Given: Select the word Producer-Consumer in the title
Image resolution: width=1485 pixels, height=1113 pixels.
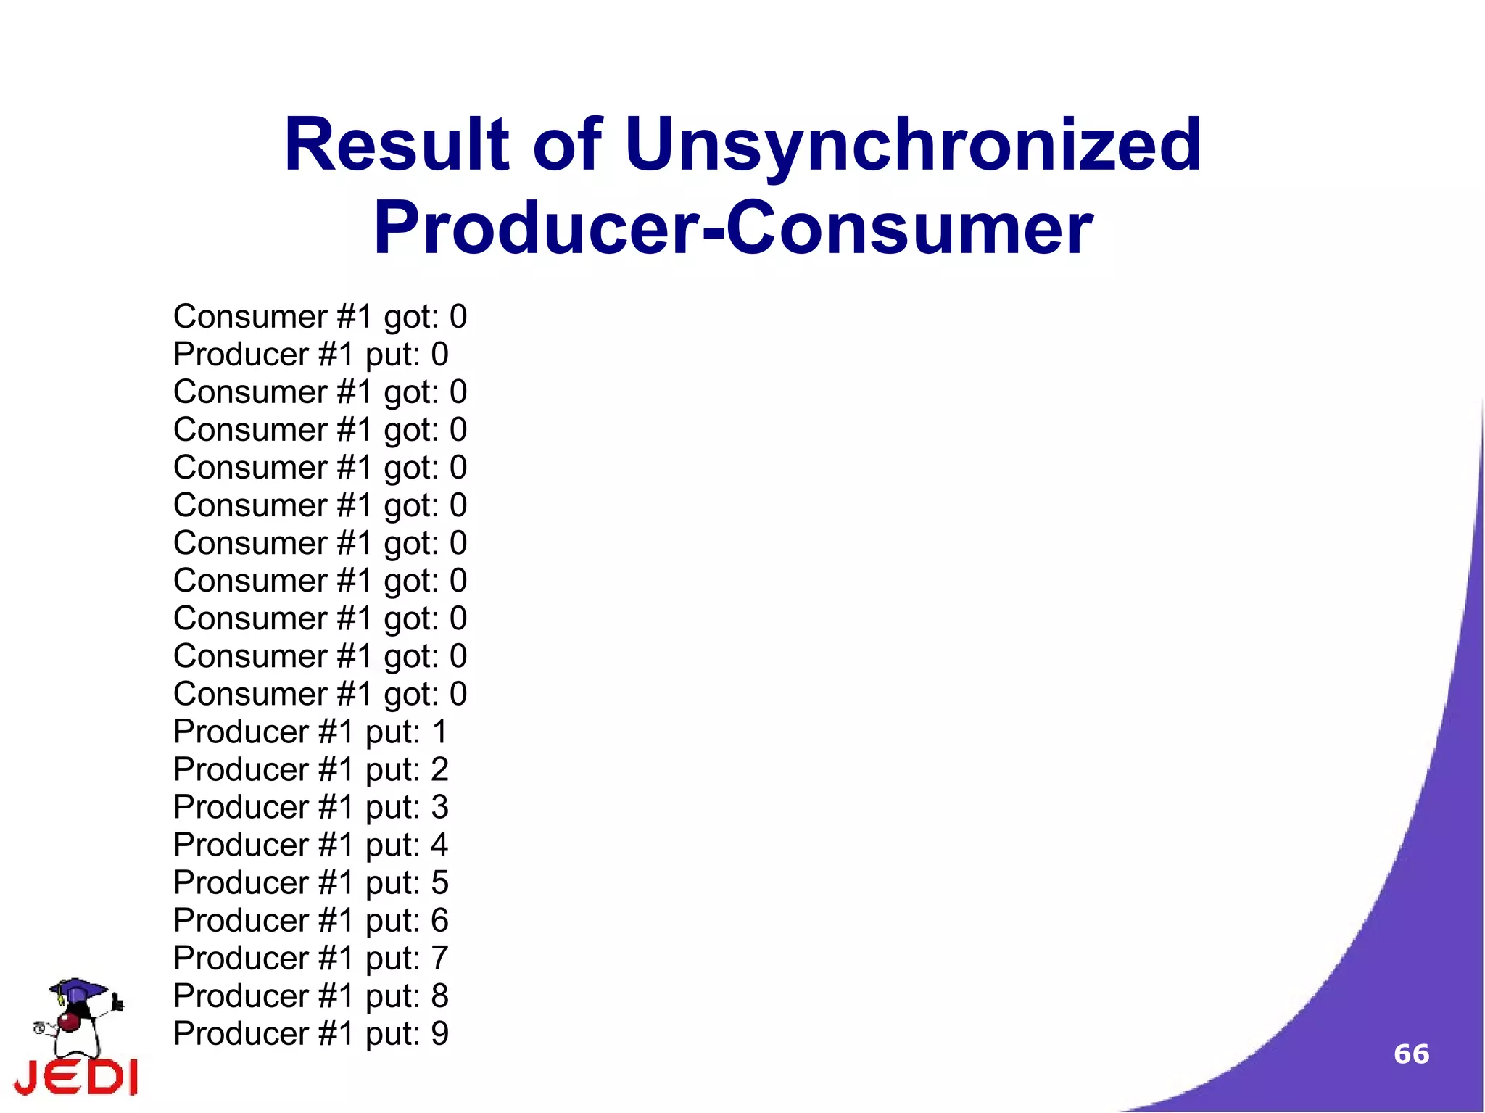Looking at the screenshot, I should (732, 229).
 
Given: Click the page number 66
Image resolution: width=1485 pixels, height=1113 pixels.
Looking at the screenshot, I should (1411, 1054).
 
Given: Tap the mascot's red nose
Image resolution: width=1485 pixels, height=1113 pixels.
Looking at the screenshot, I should (70, 1022).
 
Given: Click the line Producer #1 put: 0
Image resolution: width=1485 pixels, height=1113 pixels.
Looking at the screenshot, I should (311, 355).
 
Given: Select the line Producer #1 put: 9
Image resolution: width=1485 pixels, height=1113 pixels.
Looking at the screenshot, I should (311, 1034).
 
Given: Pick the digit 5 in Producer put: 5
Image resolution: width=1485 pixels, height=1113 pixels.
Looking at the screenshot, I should (439, 883).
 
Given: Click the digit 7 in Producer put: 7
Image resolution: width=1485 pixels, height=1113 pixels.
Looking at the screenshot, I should (439, 959).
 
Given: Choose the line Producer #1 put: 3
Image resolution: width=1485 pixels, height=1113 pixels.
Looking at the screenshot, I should (311, 808).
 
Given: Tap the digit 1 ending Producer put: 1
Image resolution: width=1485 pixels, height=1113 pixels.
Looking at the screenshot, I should (439, 732).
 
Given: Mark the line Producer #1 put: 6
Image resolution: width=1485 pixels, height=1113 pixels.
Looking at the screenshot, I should (311, 921).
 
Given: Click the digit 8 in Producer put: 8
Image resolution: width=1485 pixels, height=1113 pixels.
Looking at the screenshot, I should (439, 996).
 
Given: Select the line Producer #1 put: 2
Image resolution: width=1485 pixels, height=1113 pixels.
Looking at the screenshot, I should (311, 770).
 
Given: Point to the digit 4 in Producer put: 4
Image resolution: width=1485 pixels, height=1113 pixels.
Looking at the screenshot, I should (439, 845).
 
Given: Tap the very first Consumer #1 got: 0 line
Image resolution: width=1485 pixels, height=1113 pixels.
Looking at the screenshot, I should (320, 318).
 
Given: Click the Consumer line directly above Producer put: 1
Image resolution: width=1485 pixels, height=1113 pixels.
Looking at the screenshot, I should (320, 695).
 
